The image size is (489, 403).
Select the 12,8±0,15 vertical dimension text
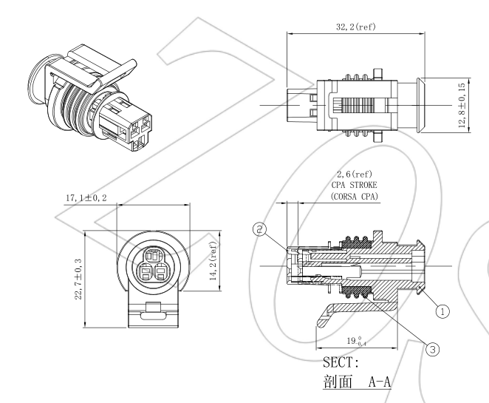462,104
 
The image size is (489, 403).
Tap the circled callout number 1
441,311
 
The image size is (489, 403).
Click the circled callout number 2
259,229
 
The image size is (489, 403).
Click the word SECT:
341,364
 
